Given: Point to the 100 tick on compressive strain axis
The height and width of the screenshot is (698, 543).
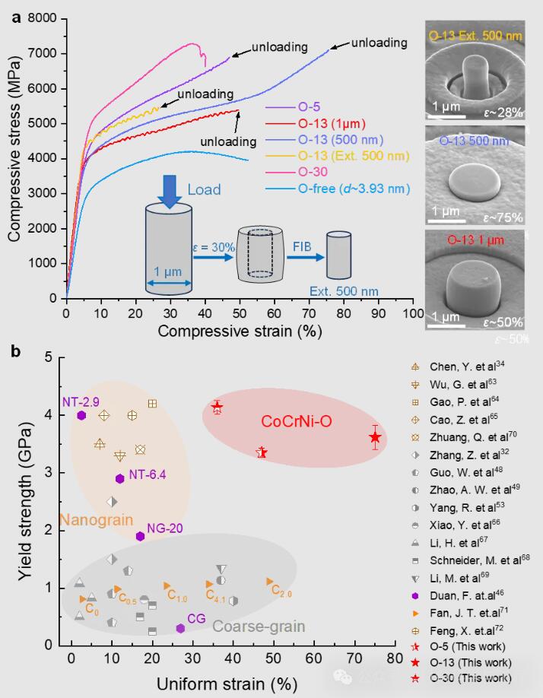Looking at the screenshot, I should click(x=413, y=313).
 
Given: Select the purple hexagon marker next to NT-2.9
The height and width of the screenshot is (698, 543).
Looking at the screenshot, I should click(x=81, y=415).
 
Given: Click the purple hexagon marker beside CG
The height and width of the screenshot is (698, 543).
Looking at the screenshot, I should click(x=180, y=628).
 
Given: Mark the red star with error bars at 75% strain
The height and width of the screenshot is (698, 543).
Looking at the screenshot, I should click(x=375, y=437).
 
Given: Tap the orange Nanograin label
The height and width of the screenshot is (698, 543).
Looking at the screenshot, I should click(x=90, y=521).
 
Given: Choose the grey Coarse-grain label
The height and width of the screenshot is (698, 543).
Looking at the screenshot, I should click(x=259, y=626).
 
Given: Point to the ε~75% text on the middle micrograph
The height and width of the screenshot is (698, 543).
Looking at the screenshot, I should click(x=500, y=217).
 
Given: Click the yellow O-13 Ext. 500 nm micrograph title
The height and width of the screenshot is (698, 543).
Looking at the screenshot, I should click(x=475, y=35).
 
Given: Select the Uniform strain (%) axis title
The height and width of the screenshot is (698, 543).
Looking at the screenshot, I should click(x=226, y=684).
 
